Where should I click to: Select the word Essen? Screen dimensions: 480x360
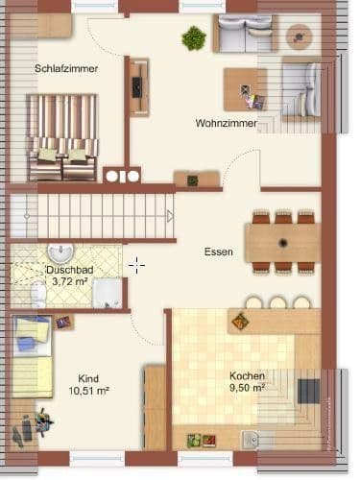[218, 252]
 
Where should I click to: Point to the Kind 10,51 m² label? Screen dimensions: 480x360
[88, 385]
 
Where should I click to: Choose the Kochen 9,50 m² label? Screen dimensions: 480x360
[247, 382]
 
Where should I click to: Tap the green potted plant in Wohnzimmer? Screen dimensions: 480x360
[194, 38]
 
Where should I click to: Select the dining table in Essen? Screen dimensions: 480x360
[281, 242]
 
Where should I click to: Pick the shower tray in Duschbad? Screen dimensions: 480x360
[107, 294]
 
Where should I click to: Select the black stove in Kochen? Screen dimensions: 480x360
[308, 391]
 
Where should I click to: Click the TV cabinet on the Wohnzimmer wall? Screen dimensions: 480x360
[140, 87]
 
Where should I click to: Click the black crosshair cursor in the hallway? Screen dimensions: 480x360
[136, 264]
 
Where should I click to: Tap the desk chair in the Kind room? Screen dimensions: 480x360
[44, 420]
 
